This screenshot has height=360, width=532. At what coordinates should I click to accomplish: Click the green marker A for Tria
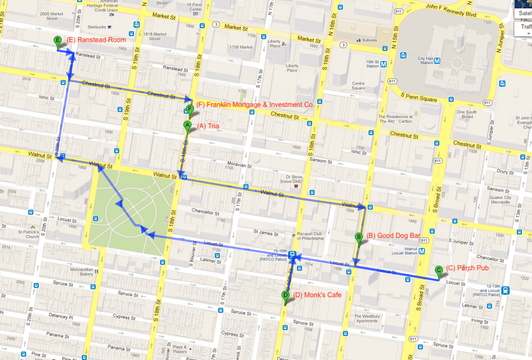coord(187,126)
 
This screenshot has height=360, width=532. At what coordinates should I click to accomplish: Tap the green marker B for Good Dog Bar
coord(359,237)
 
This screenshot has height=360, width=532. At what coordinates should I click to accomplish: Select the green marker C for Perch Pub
coord(439,270)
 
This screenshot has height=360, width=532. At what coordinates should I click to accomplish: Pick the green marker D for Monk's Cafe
coord(286,295)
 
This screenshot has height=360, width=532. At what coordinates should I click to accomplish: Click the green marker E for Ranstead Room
coord(57,41)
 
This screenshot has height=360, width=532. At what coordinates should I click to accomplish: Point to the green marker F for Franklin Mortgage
coord(189,109)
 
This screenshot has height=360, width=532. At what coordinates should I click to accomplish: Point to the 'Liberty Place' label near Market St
coord(274,43)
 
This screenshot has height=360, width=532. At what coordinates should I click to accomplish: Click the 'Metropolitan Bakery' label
coord(82,271)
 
